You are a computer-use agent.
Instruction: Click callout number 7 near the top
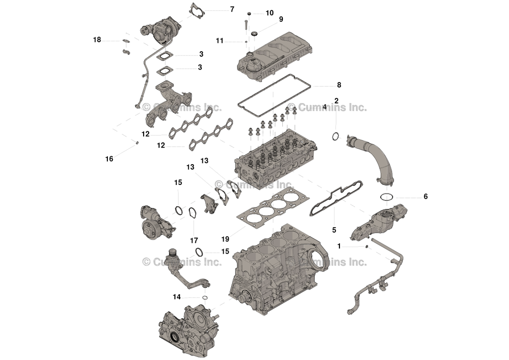click(232, 9)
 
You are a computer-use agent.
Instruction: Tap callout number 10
click(269, 12)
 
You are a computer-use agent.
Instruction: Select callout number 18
click(97, 39)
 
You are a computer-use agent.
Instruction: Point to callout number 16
click(109, 159)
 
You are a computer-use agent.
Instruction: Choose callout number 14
click(177, 297)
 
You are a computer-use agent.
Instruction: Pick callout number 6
click(425, 196)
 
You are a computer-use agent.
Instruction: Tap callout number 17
click(194, 240)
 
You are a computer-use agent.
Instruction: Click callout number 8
click(339, 85)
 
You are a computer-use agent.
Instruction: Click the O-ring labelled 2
click(336, 137)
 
